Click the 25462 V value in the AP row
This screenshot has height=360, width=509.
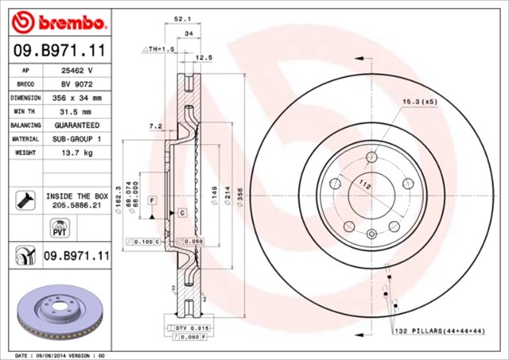coord(76,70)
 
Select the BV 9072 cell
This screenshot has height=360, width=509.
coord(76,83)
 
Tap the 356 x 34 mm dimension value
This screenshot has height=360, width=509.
coord(76,98)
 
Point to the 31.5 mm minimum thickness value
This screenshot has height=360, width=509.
coord(76,111)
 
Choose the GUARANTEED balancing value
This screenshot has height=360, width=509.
coord(76,126)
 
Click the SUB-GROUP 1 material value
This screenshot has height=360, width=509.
coord(76,139)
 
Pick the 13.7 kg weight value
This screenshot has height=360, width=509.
coord(76,153)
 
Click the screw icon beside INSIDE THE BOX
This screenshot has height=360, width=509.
coord(25,199)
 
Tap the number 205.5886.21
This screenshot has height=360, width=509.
coord(76,204)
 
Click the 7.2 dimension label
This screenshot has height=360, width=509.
coord(156,126)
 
